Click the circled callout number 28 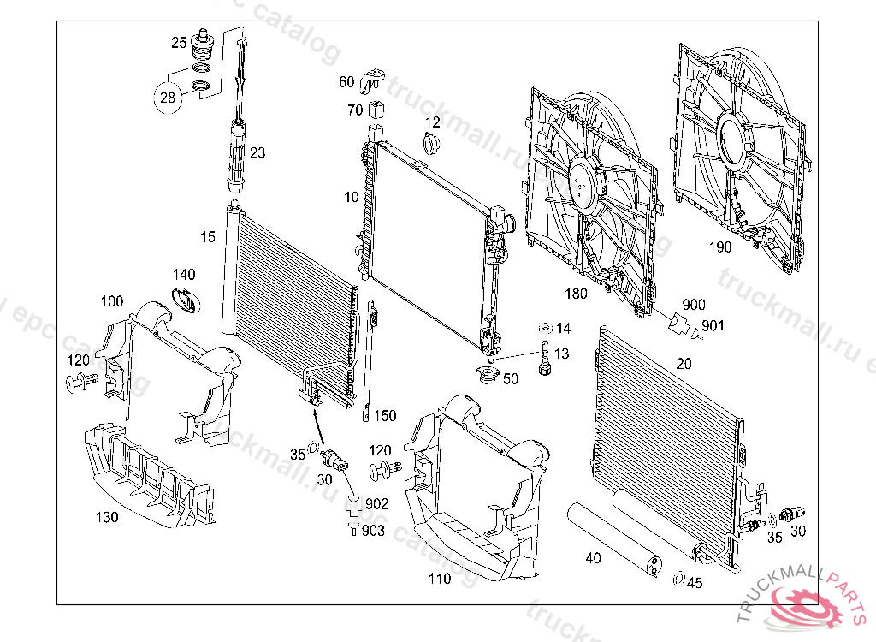point(168,98)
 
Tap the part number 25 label point(179,42)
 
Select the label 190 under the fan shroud point(721,247)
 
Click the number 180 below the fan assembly point(576,294)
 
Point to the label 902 point(376,504)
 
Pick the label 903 point(374,531)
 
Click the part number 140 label point(184,275)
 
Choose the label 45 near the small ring point(695,584)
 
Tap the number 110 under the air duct point(440,579)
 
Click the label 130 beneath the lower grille point(107,517)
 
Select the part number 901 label point(713,326)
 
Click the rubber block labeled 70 point(376,110)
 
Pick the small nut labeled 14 point(542,328)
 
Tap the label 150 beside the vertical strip point(385,416)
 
